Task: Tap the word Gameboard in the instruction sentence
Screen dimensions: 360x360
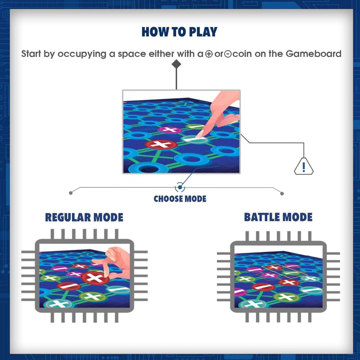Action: pos(314,54)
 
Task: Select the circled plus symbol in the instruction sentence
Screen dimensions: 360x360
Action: pos(209,54)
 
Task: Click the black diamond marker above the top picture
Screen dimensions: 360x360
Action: pos(176,64)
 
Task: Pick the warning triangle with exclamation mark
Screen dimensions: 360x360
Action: pos(304,167)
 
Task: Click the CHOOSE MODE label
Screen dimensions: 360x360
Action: pos(180,199)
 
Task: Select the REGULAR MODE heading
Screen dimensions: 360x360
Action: pos(84,217)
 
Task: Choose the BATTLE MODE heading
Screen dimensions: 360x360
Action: pos(278,217)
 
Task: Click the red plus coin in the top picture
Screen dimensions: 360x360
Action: pos(161,144)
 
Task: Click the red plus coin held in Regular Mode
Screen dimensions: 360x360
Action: pos(95,277)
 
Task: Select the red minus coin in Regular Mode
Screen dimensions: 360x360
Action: pos(69,286)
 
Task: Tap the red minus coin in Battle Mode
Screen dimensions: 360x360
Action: pos(264,287)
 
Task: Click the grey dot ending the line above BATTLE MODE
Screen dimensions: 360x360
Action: pos(282,193)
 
